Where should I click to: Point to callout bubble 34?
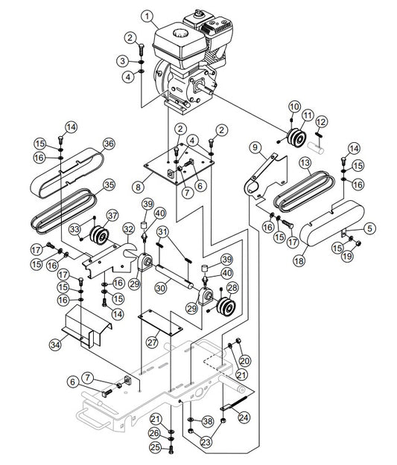(54, 344)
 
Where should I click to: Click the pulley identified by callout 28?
(224, 306)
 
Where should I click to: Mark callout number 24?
(243, 418)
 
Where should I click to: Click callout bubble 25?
(154, 447)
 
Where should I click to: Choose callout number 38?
(208, 421)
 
